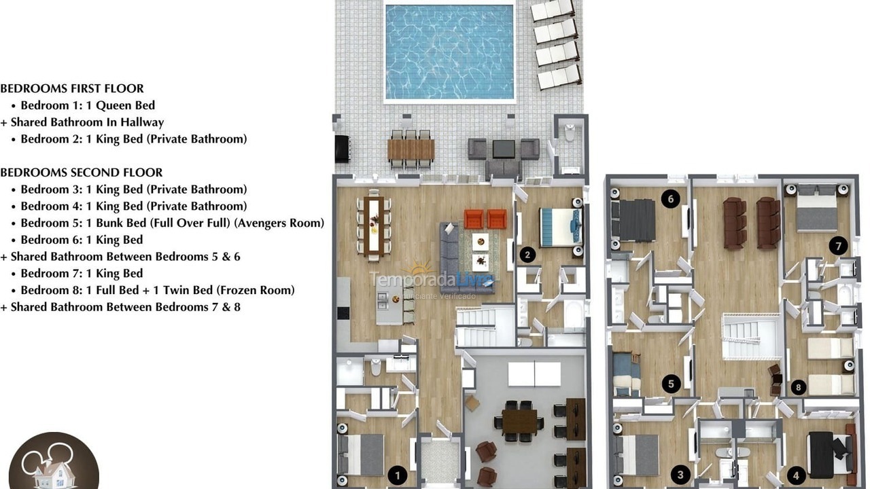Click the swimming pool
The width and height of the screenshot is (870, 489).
[x=449, y=52]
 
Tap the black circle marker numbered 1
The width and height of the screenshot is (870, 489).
[x=398, y=475]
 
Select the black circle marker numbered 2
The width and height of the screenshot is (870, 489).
[x=527, y=255]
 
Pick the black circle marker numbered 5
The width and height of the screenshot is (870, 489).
[x=671, y=384]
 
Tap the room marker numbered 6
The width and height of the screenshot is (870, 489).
[x=671, y=199]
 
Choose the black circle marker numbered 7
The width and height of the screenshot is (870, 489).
[x=838, y=246]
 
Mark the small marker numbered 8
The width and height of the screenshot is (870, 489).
[x=799, y=388]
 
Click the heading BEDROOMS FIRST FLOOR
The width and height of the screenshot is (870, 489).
[x=72, y=88]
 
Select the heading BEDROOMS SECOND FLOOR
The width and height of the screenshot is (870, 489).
[x=82, y=173]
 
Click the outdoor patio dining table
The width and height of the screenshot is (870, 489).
[x=411, y=149]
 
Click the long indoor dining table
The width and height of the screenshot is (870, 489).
[x=373, y=226]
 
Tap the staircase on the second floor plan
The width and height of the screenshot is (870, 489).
[x=750, y=336]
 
